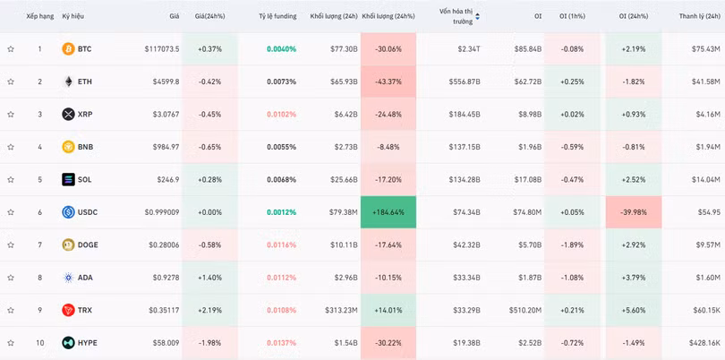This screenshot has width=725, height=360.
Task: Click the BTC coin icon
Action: tap(68, 49)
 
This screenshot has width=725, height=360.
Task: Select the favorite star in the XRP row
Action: tap(11, 115)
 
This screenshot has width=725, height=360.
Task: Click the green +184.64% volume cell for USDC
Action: tap(388, 212)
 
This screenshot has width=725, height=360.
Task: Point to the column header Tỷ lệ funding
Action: tap(277, 16)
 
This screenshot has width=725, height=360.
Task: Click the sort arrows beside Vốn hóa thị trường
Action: tap(477, 16)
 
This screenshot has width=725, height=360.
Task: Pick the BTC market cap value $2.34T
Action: tap(468, 49)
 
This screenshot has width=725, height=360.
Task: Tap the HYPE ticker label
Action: tap(87, 343)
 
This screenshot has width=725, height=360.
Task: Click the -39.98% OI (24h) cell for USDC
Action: tap(633, 212)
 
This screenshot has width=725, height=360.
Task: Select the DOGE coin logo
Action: tap(68, 245)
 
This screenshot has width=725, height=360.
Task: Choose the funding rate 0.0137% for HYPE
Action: tap(281, 343)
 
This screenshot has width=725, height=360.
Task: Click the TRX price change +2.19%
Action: tap(209, 310)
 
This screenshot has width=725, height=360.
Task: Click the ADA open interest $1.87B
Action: tap(528, 278)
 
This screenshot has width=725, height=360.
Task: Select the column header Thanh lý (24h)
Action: tap(700, 16)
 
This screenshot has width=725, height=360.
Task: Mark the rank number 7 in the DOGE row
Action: tap(39, 245)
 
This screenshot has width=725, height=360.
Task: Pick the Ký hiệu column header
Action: tap(72, 16)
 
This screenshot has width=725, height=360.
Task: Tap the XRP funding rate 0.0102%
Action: tap(281, 115)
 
